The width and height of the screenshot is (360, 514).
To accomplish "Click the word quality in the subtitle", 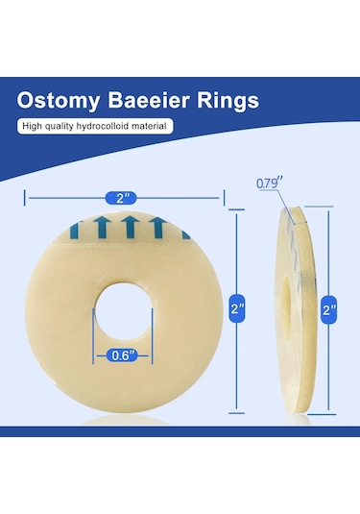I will [65, 126].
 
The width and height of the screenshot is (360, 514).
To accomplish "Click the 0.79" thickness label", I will [271, 183].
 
